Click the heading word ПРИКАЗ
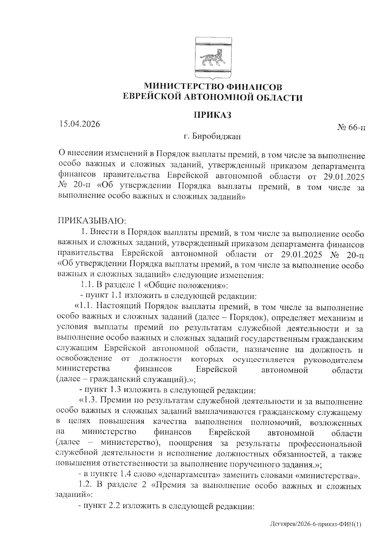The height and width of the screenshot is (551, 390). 213,115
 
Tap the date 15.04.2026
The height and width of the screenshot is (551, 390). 79,124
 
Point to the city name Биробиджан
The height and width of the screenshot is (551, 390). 216,136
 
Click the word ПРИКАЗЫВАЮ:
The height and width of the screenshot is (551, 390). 92,221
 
